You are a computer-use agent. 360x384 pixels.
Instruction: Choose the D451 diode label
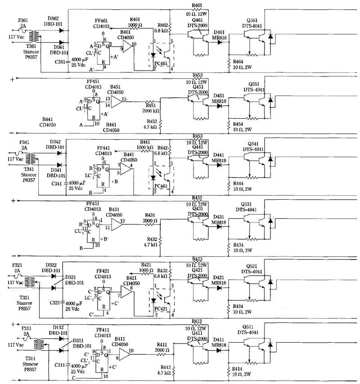219,96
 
